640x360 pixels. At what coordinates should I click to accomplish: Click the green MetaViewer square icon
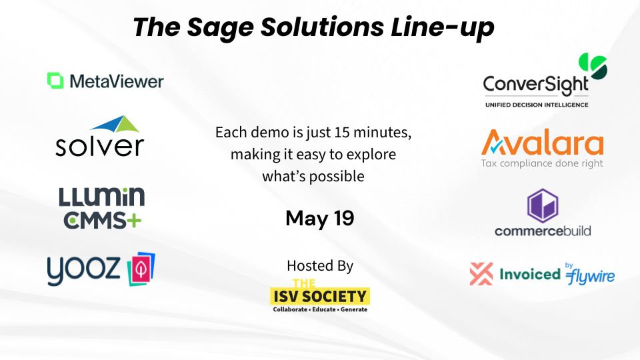[x=55, y=81]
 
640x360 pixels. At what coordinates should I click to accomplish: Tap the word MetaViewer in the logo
[x=116, y=81]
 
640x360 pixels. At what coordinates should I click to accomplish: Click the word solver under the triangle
[x=99, y=145]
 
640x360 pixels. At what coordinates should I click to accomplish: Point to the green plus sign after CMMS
[x=135, y=219]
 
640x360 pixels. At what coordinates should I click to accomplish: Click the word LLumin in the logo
[x=101, y=197]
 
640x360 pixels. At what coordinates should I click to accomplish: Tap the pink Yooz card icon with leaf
[x=141, y=268]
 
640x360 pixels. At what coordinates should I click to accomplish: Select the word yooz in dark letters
[x=83, y=269]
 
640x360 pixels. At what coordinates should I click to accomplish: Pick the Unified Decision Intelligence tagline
[x=536, y=105]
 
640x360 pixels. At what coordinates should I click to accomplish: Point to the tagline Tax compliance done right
[x=542, y=163]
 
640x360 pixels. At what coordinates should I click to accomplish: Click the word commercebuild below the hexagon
[x=543, y=231]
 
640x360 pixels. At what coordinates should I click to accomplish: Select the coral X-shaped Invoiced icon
[x=481, y=274]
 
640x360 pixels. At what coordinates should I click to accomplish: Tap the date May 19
[x=319, y=218]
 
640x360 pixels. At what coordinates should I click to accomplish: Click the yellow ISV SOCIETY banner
[x=320, y=295]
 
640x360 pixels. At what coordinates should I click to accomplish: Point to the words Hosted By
[x=319, y=265]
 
